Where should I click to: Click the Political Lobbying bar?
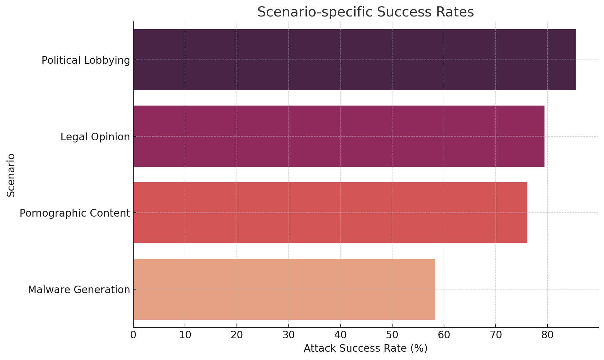tap(354, 60)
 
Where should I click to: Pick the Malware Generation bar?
tap(284, 289)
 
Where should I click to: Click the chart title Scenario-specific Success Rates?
tap(365, 12)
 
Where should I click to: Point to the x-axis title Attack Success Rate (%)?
tap(365, 348)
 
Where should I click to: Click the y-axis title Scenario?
tap(11, 175)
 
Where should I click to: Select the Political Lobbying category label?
tap(86, 60)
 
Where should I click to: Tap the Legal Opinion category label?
tap(95, 137)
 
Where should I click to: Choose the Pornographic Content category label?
tap(75, 213)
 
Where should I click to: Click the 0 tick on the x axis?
tap(133, 335)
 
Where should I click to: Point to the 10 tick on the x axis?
tap(185, 335)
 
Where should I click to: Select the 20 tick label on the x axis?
tap(237, 335)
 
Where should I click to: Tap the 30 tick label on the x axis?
tap(288, 335)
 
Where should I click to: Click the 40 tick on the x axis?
tap(340, 335)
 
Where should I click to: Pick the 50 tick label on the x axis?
tap(392, 335)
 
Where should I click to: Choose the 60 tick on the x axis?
tap(444, 335)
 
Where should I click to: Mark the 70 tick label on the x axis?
tap(496, 335)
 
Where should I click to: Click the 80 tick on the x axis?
tap(548, 335)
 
